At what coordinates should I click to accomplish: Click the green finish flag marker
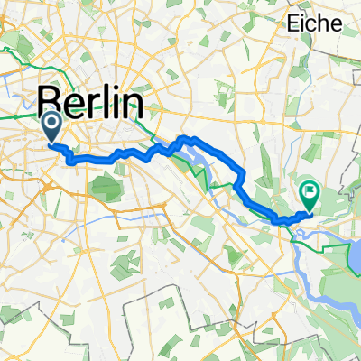point(310,193)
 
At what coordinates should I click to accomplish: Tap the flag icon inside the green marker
point(310,190)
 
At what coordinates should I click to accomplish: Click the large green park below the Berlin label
point(106,188)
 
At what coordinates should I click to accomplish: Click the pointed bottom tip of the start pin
point(51,141)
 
